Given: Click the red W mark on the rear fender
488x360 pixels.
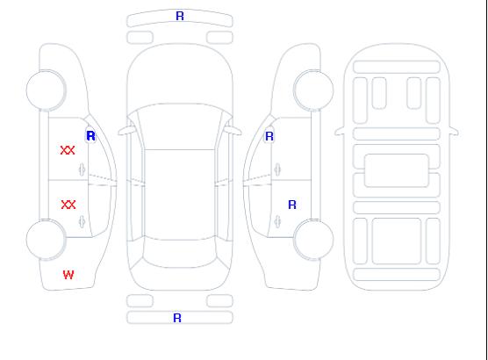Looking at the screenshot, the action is (x=68, y=275).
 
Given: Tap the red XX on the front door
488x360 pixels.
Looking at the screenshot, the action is (x=68, y=150).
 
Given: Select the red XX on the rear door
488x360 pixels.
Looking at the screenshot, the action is (x=68, y=205).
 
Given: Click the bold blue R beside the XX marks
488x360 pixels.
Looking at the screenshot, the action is (x=90, y=136).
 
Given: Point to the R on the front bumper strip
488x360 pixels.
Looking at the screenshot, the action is (x=180, y=16).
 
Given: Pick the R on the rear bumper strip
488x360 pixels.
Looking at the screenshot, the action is (x=177, y=318).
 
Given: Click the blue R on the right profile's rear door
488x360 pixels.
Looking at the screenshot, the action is (x=292, y=205).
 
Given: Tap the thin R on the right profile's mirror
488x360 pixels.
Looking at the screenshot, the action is (x=269, y=136).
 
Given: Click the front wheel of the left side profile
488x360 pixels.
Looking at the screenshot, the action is (x=46, y=90).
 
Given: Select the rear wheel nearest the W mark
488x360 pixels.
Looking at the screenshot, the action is (x=46, y=240).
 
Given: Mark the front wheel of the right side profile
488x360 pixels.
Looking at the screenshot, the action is (x=313, y=90).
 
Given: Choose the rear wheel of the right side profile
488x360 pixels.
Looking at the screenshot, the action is (x=313, y=240).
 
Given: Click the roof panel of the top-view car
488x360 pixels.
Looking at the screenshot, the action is (x=180, y=195).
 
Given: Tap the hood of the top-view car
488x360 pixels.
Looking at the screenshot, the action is (x=180, y=75).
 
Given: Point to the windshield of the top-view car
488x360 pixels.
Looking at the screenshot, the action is (x=180, y=126).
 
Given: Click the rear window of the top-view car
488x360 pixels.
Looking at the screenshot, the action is (x=180, y=253).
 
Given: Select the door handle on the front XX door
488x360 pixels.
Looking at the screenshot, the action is (x=82, y=169).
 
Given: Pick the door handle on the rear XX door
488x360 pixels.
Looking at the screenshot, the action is (x=82, y=221).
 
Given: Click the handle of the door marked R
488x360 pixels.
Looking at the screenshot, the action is (x=277, y=221).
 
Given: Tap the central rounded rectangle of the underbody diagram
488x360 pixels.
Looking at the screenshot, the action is (x=397, y=170).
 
